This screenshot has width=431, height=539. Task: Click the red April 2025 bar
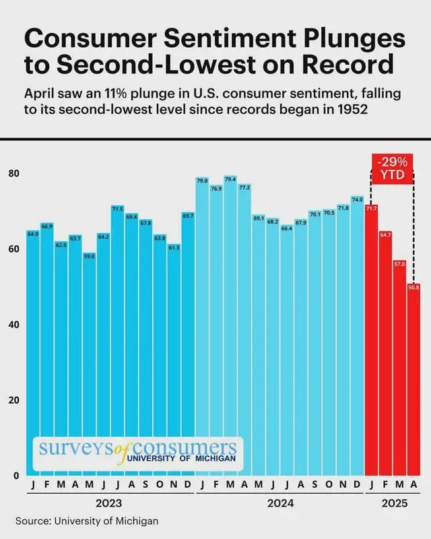[x=413, y=379]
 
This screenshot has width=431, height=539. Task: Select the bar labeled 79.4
[x=230, y=326]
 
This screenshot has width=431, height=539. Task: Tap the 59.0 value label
[x=90, y=256]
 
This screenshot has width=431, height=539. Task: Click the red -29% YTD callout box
[x=392, y=169]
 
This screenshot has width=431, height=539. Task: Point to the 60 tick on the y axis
[x=14, y=249]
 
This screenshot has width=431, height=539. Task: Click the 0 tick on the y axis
[x=16, y=476]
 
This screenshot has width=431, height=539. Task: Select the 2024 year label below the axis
[x=280, y=503]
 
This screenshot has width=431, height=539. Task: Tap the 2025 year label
[x=394, y=503]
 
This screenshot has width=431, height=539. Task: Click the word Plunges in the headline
[x=354, y=38]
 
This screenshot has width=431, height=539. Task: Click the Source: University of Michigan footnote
[x=87, y=521]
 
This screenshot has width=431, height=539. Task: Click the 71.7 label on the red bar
[x=371, y=208]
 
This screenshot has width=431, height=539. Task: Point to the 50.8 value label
[x=413, y=287]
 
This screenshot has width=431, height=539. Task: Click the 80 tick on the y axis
[x=14, y=173]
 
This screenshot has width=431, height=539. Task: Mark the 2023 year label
[x=108, y=503]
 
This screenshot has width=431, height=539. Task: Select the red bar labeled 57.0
[x=400, y=368]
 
